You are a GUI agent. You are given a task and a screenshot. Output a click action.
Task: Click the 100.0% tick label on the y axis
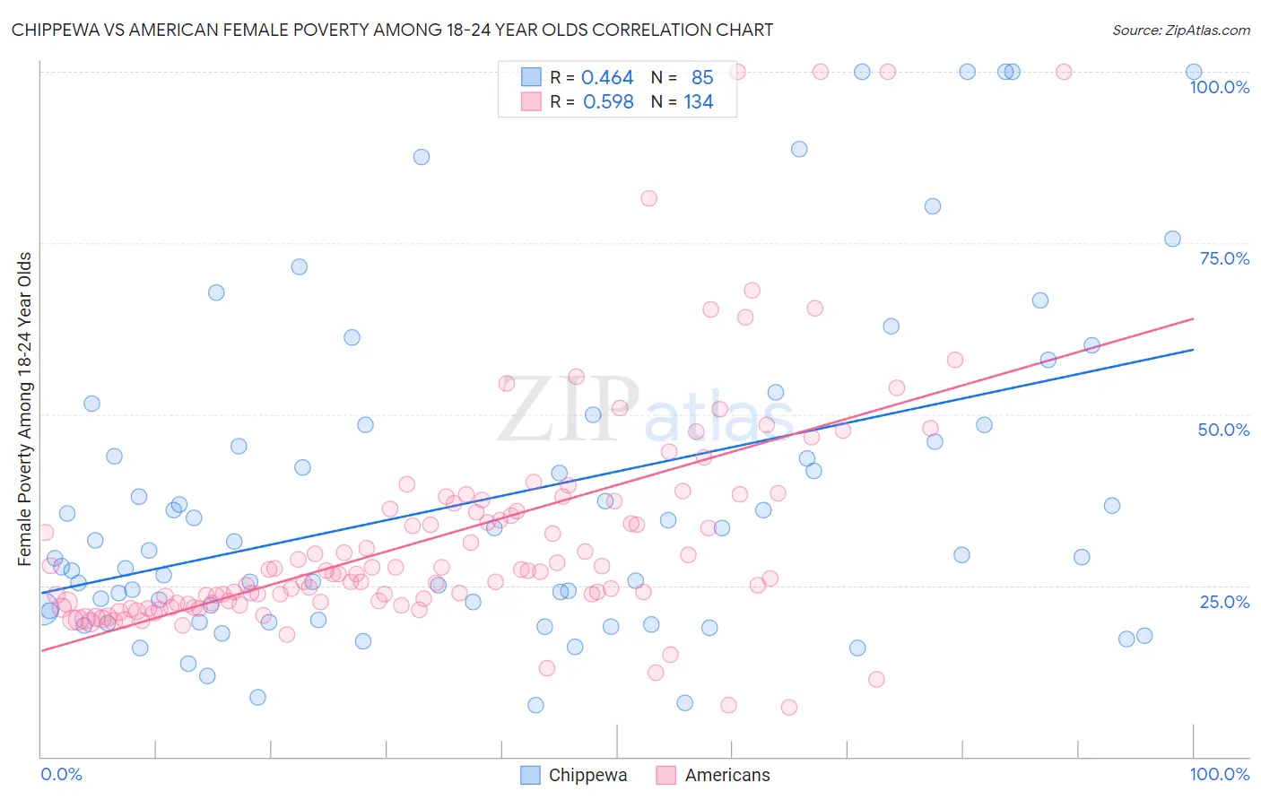click(1219, 87)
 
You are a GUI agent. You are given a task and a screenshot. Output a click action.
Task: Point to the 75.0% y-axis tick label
click(1224, 258)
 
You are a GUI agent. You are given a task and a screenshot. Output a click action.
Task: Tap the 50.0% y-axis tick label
click(1223, 430)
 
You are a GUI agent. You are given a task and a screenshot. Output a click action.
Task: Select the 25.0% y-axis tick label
click(1224, 601)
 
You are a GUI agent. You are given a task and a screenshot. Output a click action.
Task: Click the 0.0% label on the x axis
click(61, 774)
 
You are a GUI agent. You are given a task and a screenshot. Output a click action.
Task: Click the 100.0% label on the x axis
click(1219, 774)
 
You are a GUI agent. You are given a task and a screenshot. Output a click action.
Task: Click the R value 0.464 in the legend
click(607, 78)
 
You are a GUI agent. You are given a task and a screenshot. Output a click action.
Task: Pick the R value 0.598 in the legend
click(608, 102)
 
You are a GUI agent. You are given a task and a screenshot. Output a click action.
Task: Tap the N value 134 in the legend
click(699, 102)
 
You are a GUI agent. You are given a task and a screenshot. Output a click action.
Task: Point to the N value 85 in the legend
click(702, 78)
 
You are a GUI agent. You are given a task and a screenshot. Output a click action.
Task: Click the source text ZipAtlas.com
click(1206, 30)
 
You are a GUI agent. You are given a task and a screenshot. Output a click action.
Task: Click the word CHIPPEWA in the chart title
click(55, 30)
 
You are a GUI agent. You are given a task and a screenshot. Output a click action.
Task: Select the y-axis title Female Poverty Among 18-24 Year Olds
click(25, 409)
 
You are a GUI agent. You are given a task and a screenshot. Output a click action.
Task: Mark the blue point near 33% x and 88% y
click(421, 157)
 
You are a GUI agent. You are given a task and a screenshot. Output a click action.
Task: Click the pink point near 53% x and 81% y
click(648, 198)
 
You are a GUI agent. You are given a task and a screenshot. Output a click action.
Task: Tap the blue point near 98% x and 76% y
click(1172, 239)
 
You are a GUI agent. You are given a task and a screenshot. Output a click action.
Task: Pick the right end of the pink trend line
click(1193, 318)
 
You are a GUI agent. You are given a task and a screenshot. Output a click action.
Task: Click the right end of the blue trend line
click(1193, 350)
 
